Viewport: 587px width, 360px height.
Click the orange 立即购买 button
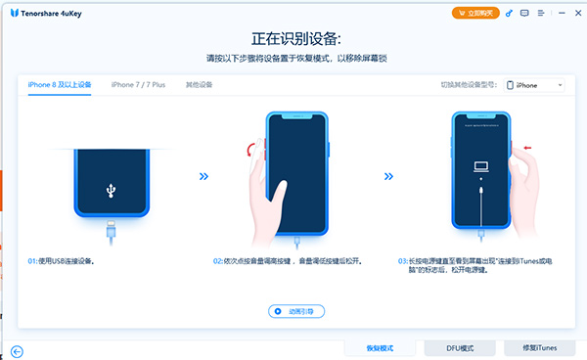(475, 14)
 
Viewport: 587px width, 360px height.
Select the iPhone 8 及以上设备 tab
(59, 85)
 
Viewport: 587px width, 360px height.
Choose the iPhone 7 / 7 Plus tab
(138, 85)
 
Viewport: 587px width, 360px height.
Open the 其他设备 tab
(199, 85)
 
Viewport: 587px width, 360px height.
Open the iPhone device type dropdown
(538, 85)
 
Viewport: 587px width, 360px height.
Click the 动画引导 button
(295, 311)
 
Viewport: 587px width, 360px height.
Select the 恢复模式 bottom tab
(380, 348)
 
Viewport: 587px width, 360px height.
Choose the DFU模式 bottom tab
(460, 348)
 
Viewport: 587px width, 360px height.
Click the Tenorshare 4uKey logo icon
(12, 13)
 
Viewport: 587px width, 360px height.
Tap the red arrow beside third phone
(528, 149)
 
